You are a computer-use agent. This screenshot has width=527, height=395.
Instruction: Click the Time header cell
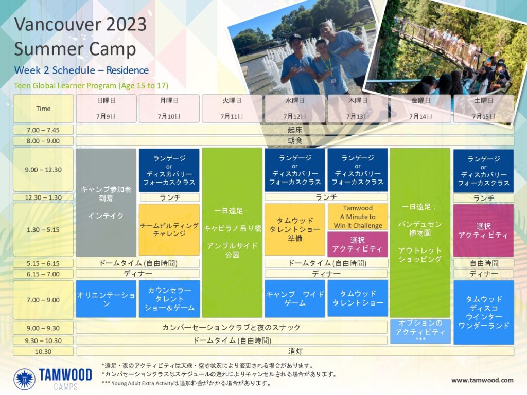pyautogui.click(x=43, y=109)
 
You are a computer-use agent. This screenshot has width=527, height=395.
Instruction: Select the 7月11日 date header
pyautogui.click(x=232, y=109)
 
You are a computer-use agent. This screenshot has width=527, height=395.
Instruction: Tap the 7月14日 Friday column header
pyautogui.click(x=420, y=109)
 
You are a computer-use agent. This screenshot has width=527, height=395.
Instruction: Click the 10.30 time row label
pyautogui.click(x=43, y=352)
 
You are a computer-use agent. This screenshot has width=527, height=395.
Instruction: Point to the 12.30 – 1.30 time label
pyautogui.click(x=43, y=197)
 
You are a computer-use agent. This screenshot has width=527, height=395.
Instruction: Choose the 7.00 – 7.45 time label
pyautogui.click(x=43, y=130)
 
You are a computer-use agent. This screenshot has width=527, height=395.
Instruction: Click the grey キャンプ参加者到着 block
pyautogui.click(x=106, y=203)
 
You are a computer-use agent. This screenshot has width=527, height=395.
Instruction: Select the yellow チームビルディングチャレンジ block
pyautogui.click(x=169, y=230)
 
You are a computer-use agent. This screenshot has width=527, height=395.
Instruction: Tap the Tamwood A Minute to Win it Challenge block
pyautogui.click(x=358, y=217)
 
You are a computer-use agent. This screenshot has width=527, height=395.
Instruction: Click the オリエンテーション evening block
pyautogui.click(x=106, y=299)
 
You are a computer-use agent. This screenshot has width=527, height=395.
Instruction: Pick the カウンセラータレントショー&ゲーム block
pyautogui.click(x=169, y=299)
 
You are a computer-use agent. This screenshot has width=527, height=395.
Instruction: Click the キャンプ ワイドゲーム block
pyautogui.click(x=295, y=299)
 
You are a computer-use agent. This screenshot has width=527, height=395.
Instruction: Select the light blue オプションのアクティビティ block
pyautogui.click(x=420, y=332)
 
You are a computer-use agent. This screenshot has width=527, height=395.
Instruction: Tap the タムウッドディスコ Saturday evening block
pyautogui.click(x=484, y=312)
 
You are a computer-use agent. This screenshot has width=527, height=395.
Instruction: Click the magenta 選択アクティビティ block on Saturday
pyautogui.click(x=484, y=230)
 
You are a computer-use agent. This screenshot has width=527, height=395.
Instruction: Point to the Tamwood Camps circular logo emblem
pyautogui.click(x=25, y=379)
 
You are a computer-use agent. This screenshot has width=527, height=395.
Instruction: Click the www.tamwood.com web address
pyautogui.click(x=482, y=380)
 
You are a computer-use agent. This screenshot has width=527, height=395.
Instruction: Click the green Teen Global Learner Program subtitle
pyautogui.click(x=91, y=86)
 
